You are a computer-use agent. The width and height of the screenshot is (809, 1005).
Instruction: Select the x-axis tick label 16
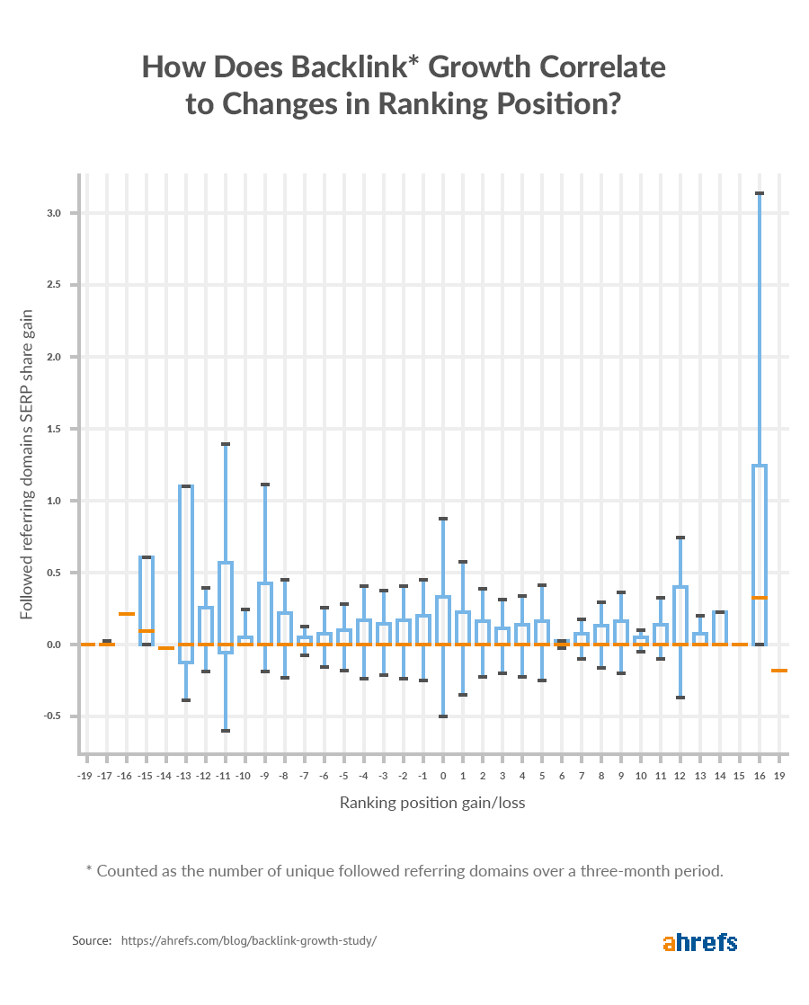pos(760,774)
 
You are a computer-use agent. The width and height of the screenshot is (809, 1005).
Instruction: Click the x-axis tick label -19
pos(85,774)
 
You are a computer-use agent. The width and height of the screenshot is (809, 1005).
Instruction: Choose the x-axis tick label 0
pos(443,774)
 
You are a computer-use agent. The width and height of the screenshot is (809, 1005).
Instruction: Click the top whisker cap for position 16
pos(760,193)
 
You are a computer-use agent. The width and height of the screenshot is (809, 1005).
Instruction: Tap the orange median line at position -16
pos(127,614)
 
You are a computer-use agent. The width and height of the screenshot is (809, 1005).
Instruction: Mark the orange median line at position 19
pos(779,671)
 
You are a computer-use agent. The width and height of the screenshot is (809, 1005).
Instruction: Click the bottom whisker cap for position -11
pos(225,731)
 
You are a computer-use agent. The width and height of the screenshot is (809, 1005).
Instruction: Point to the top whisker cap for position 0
pos(443,519)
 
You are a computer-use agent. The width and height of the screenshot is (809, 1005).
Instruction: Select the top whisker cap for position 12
pos(680,538)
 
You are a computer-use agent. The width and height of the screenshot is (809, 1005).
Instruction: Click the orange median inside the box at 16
pos(760,598)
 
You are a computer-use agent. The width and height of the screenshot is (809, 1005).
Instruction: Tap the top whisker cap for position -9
pos(265,485)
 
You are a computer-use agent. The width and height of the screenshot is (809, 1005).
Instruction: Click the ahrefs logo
pos(699,942)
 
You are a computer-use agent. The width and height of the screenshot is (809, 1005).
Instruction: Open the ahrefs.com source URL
pos(248,941)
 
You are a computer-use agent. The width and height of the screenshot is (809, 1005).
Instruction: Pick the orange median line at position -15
pos(147,631)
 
